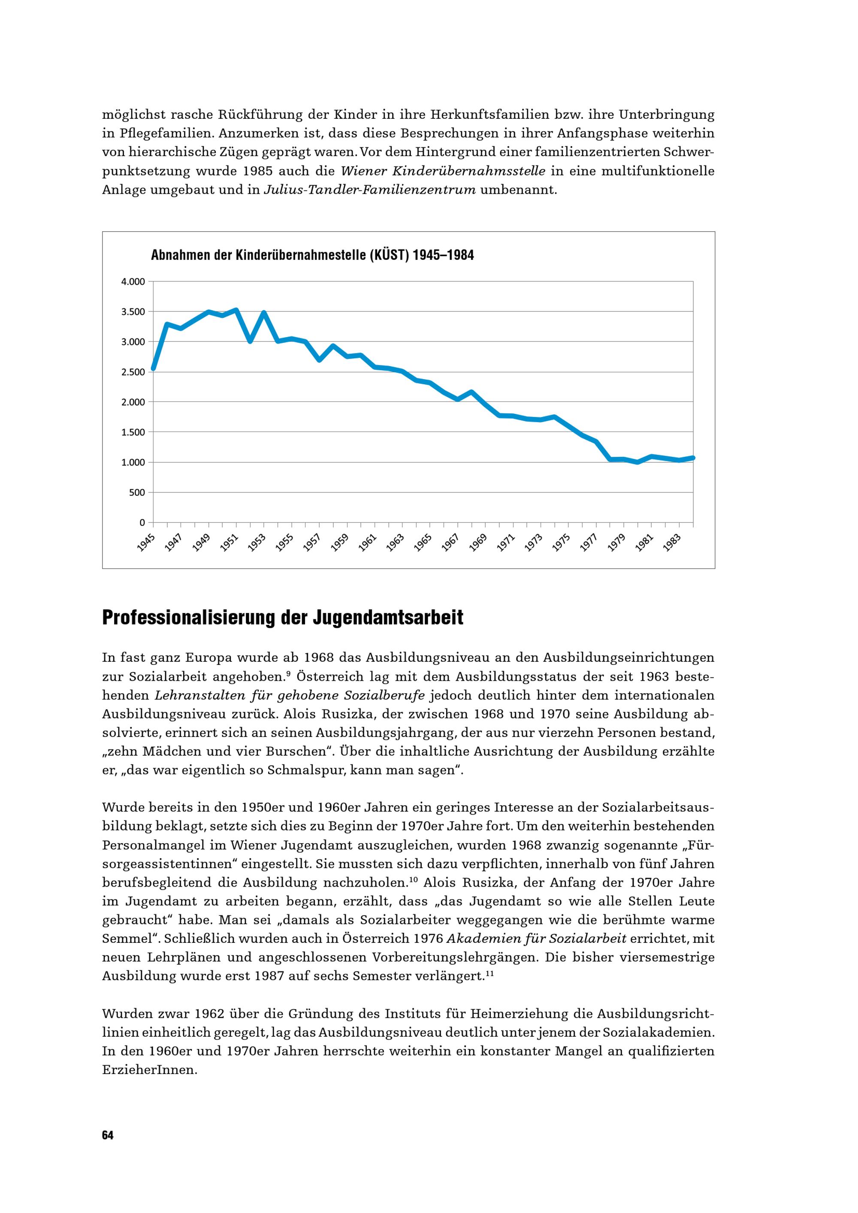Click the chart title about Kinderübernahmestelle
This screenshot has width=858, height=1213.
312,256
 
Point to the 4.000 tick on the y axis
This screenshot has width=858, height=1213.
133,281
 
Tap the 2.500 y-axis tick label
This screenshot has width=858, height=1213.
133,372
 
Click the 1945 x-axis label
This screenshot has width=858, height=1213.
145,543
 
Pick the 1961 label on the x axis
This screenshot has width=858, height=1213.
367,543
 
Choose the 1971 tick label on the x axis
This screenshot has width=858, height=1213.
505,543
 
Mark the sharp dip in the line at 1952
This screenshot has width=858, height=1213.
250,341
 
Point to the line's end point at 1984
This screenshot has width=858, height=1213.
693,458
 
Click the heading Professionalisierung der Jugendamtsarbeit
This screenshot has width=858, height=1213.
283,617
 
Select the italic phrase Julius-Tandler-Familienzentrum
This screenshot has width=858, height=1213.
370,190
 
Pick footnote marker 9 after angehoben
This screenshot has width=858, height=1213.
288,673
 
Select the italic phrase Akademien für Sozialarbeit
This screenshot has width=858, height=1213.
536,939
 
